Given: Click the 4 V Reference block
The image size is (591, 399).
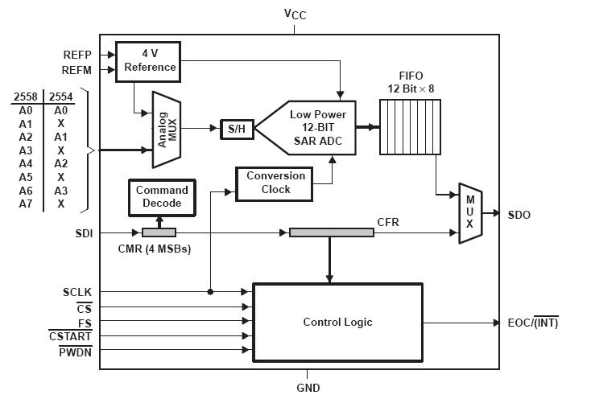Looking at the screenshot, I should (x=150, y=60).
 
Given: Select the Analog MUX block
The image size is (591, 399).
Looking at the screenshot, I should (x=166, y=129).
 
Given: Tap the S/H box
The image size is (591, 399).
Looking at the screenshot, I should (x=236, y=129).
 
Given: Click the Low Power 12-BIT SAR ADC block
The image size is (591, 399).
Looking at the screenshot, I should (x=314, y=128).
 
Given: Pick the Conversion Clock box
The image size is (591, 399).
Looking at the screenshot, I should (x=275, y=183).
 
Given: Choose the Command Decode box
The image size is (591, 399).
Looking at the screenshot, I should (x=162, y=197).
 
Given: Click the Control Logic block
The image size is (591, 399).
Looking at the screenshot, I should (x=337, y=323).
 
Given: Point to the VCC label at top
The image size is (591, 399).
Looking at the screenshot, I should (x=295, y=14).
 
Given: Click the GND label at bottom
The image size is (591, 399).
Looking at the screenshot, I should (x=308, y=388).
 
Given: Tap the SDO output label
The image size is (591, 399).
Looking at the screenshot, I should (x=519, y=215).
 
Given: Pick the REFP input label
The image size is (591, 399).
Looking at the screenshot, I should (x=79, y=55).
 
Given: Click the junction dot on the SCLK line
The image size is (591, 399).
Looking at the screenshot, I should (x=210, y=291).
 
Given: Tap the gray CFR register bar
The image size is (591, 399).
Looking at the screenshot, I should (x=331, y=232).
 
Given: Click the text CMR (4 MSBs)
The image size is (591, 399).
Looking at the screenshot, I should (x=153, y=249).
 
